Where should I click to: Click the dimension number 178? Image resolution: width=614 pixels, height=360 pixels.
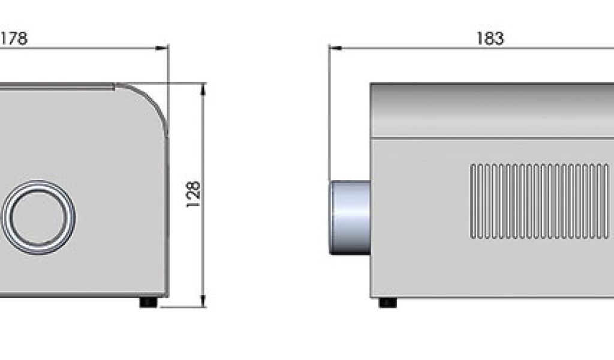point(13,38)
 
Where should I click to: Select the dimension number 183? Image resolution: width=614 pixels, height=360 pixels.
point(490,38)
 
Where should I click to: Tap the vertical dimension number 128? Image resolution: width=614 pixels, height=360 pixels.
point(193,194)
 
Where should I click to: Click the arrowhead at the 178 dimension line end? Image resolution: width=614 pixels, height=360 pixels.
point(162,48)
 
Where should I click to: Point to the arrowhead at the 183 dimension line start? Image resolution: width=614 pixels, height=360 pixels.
point(336,48)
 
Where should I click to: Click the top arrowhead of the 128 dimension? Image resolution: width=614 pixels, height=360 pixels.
point(203,90)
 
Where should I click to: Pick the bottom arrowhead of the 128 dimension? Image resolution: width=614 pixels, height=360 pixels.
point(203,301)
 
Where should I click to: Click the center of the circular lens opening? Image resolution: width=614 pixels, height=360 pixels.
point(39,217)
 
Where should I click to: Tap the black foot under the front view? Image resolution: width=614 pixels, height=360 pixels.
point(149,302)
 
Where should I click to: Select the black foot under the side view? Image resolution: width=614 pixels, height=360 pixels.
point(388,302)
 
